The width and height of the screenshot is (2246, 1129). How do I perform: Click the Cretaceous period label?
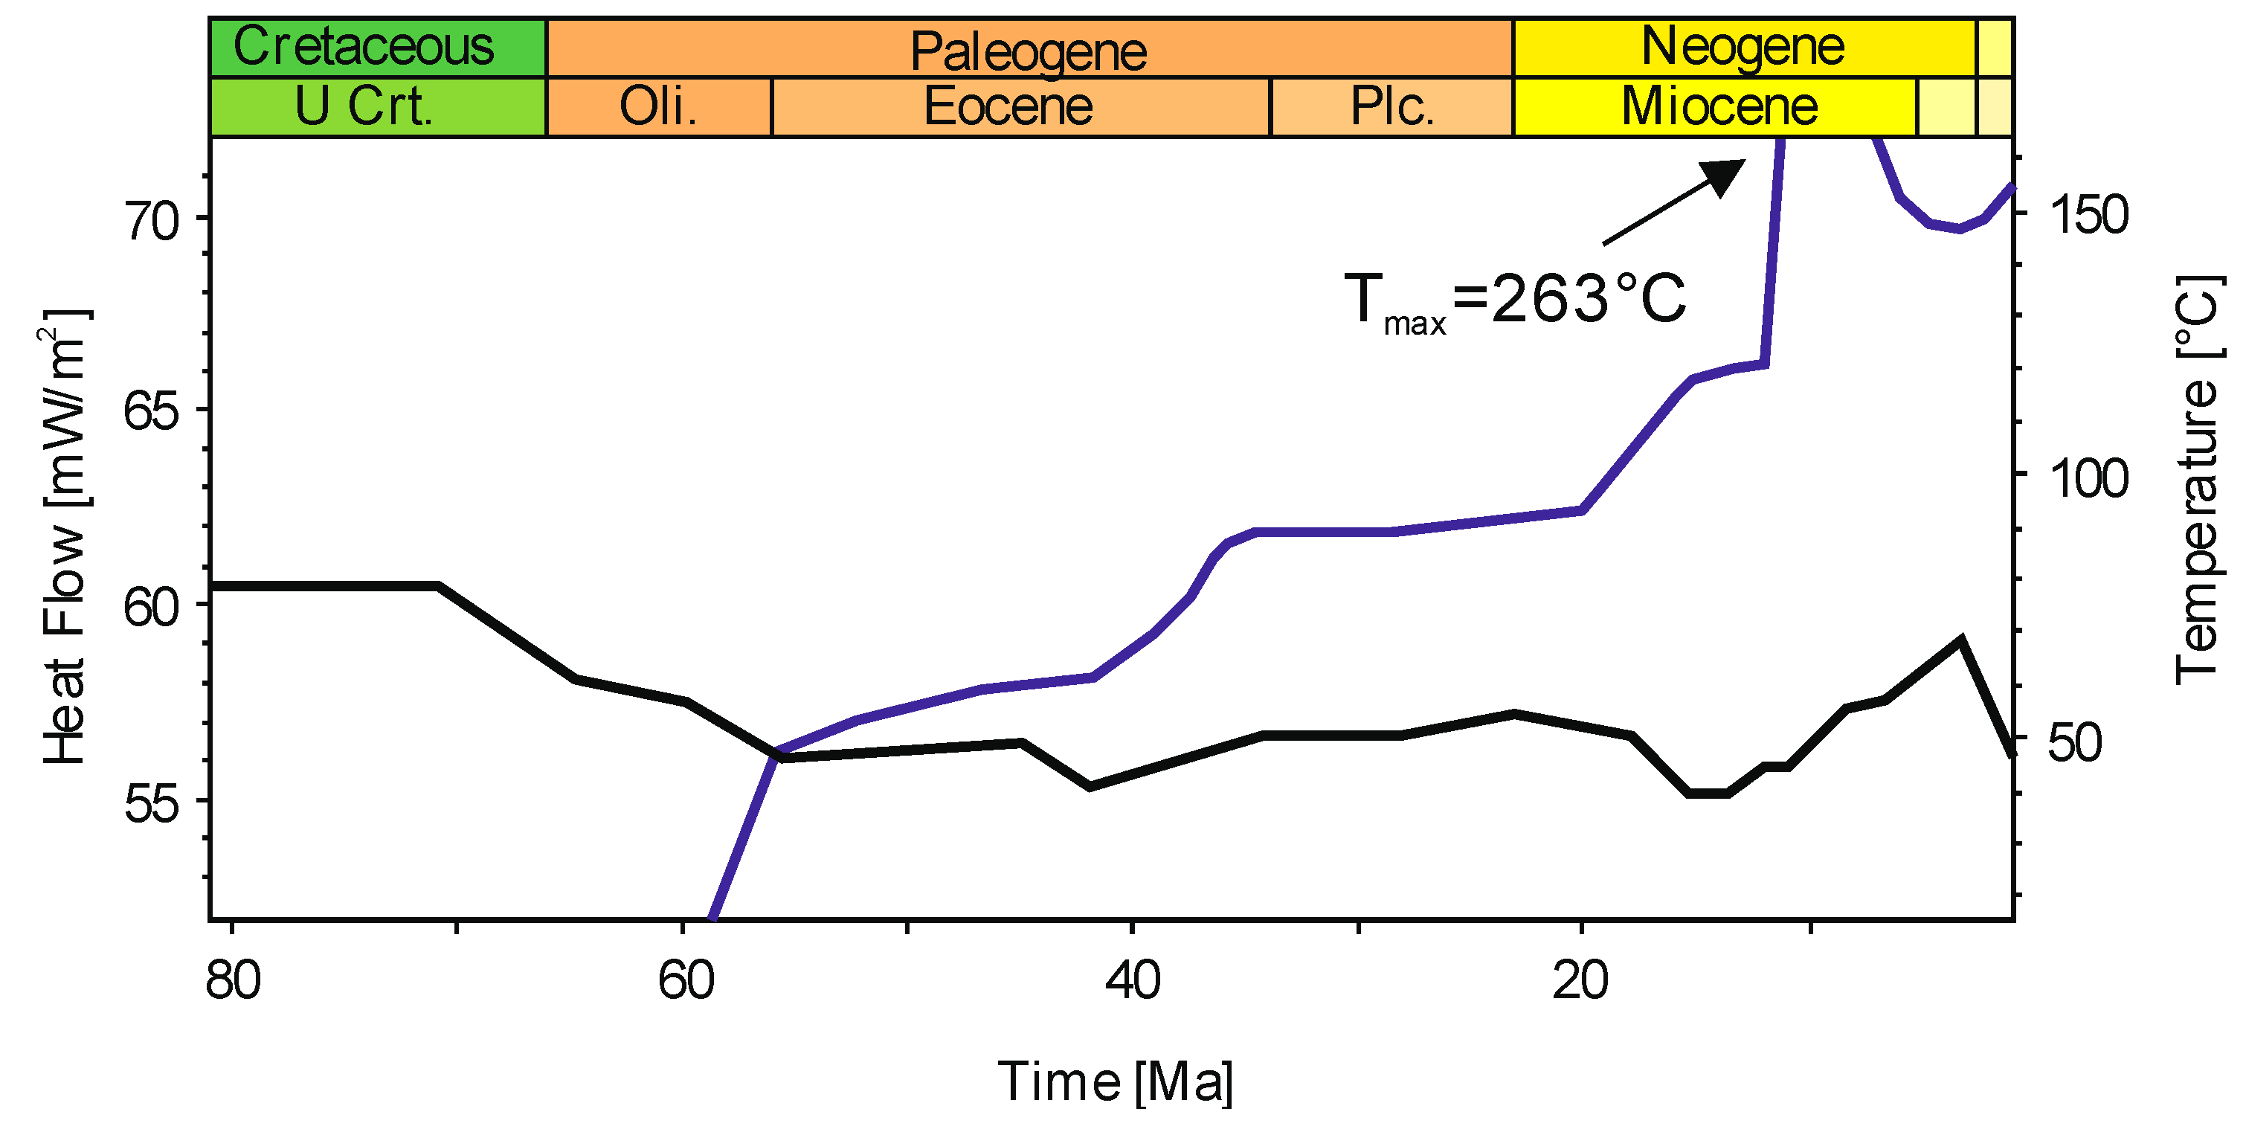pos(364,46)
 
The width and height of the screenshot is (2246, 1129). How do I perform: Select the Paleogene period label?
pos(1028,51)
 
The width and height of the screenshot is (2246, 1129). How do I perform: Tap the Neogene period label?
pos(1743,46)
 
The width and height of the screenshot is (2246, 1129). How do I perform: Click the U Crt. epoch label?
pos(364,106)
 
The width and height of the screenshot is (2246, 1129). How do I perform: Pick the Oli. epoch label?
pos(658,106)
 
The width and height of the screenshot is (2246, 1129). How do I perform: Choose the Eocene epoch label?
pos(1008,106)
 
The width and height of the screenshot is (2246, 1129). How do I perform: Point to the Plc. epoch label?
pos(1392,106)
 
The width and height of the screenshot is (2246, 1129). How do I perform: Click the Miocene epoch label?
pos(1719,106)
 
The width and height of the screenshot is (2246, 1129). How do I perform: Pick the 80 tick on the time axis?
pos(233,980)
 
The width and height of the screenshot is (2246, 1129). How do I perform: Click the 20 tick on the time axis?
pos(1580,980)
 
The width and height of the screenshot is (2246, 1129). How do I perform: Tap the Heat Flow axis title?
pos(65,536)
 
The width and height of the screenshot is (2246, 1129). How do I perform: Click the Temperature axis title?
pos(2196,480)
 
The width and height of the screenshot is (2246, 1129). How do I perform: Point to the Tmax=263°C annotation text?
pos(1516,300)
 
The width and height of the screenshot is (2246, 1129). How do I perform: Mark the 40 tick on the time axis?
pos(1132,980)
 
